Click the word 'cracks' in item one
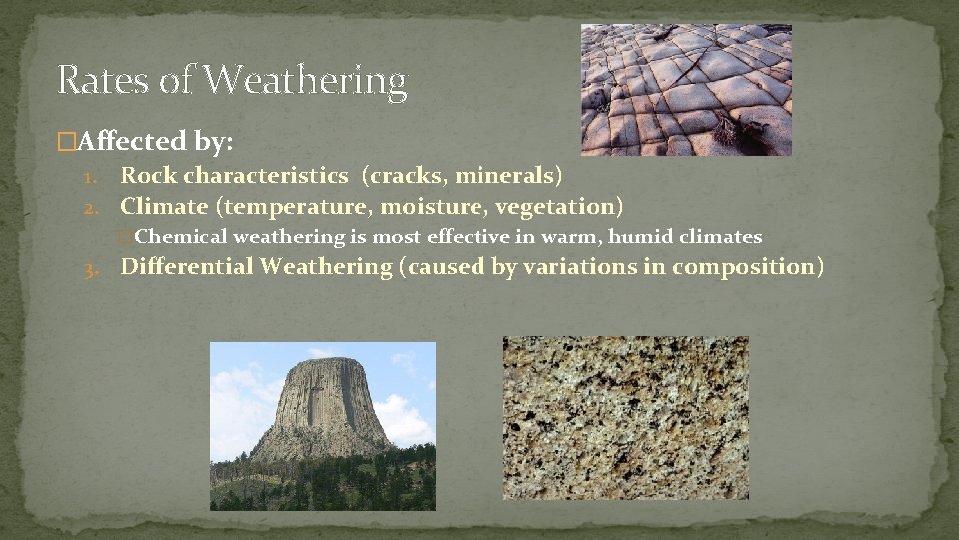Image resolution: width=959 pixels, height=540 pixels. [407, 176]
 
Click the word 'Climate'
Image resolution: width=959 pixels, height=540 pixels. [163, 207]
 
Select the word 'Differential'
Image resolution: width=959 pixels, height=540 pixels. [187, 267]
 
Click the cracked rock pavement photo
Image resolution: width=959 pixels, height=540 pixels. [685, 90]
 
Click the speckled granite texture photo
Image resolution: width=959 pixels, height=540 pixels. [625, 417]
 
